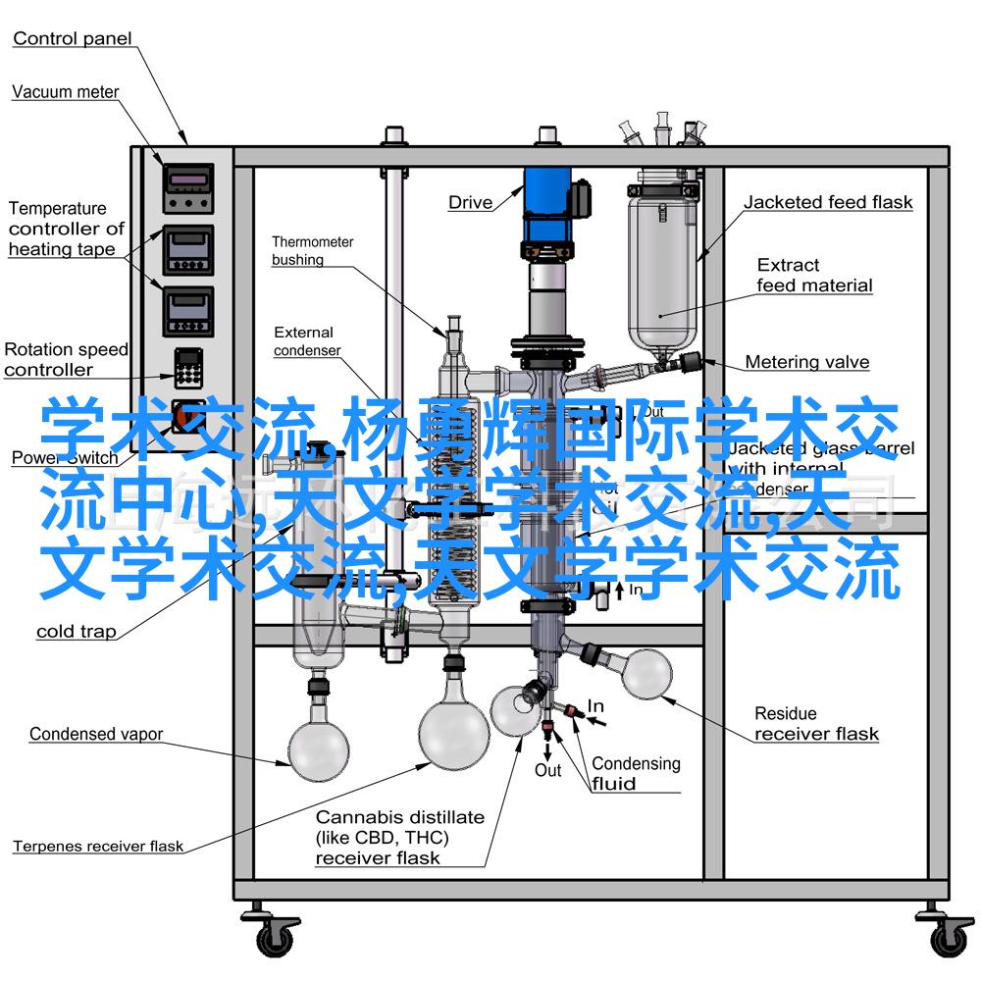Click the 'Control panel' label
72,39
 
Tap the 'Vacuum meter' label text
65,92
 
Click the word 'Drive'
471,203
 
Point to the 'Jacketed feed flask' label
827,203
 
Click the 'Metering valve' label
806,362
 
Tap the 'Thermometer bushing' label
312,250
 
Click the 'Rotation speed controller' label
65,359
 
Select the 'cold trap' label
76,632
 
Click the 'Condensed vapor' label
96,734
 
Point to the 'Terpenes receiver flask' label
98,846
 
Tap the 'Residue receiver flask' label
816,723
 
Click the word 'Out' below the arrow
547,770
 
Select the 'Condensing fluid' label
635,773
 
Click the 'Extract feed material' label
813,275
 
